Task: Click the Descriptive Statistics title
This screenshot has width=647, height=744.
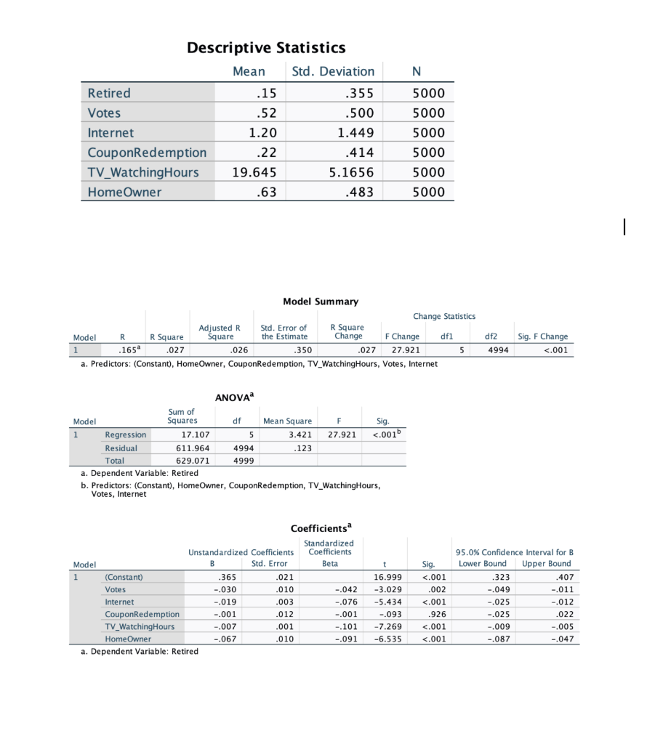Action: click(266, 48)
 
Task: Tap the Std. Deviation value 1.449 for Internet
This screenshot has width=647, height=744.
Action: click(356, 133)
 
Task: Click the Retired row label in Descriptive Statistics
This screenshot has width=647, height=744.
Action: click(109, 93)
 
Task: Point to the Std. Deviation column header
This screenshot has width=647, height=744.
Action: click(333, 71)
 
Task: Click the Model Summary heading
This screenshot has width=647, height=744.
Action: click(320, 301)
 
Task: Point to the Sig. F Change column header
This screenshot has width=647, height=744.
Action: click(542, 336)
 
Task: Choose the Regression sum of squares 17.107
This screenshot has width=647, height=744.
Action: click(196, 434)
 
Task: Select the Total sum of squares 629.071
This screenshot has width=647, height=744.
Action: click(195, 461)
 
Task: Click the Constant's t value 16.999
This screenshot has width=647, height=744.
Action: click(385, 577)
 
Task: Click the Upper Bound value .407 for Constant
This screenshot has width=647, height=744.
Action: click(563, 577)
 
